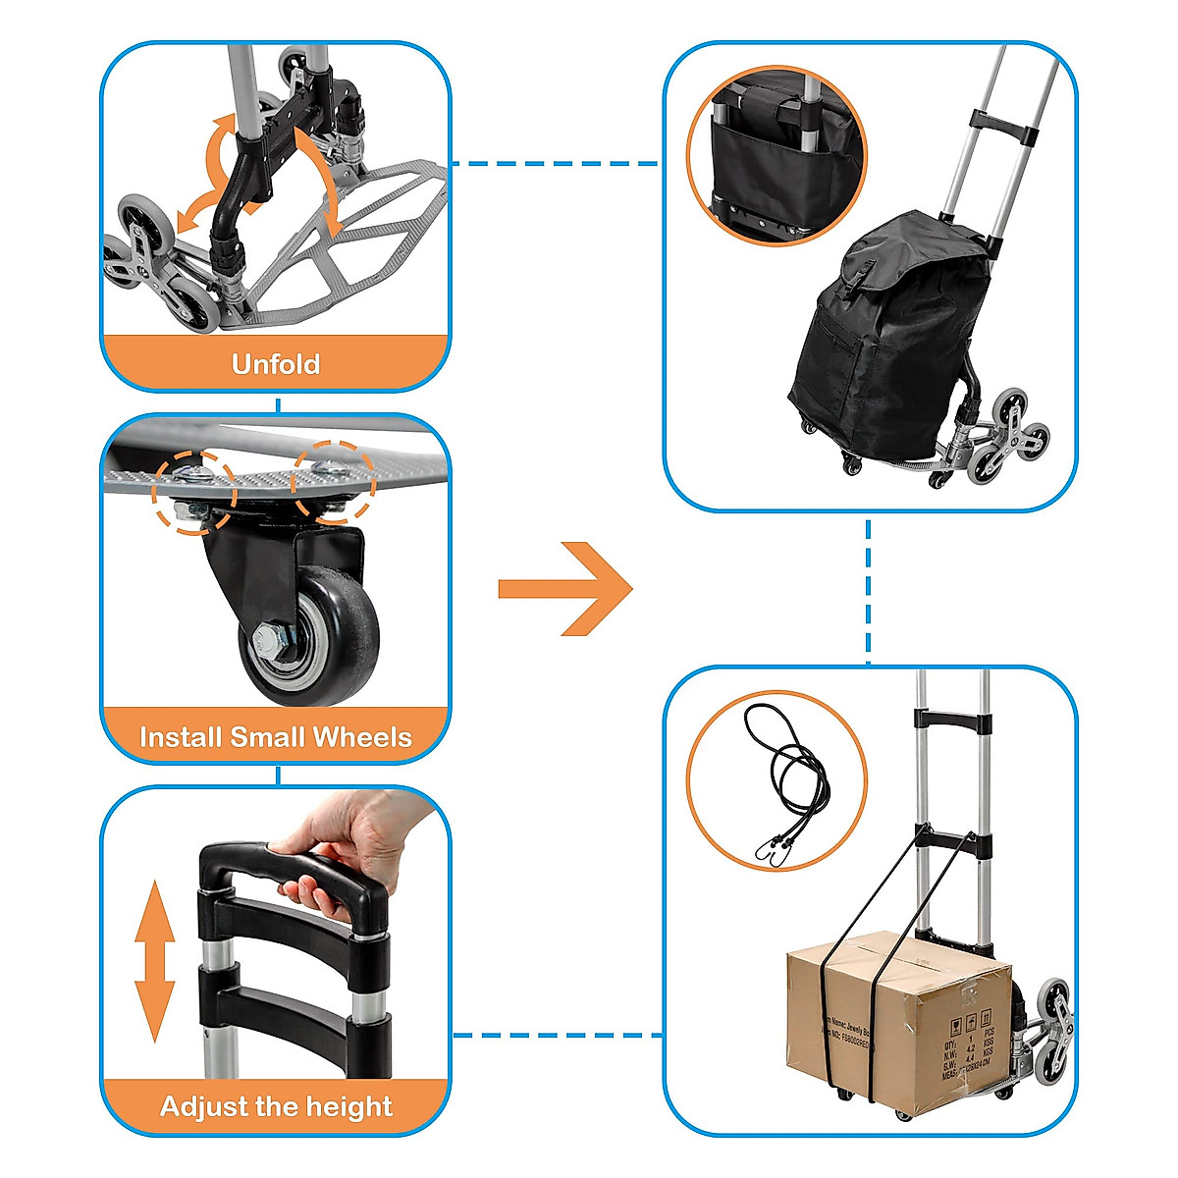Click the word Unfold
(276, 364)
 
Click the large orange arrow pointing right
(566, 589)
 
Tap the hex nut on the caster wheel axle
(267, 645)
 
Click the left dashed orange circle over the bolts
(193, 491)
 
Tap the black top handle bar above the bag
(1003, 125)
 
